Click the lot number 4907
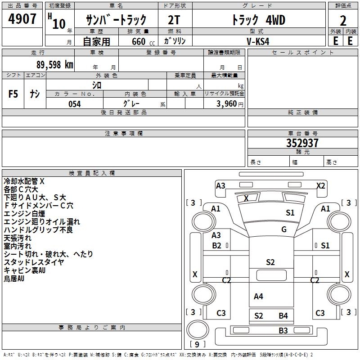pos(22,19)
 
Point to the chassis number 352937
pos(302,144)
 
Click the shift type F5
pos(13,94)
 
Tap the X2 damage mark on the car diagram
pos(321,185)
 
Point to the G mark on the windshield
pos(284,229)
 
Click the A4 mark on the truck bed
pos(258,296)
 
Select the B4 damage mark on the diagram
pos(283,316)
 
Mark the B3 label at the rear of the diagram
pos(283,331)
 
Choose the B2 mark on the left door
pos(216,245)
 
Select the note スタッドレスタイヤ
pos(34,262)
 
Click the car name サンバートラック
pos(116,20)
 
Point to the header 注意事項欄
pos(124,134)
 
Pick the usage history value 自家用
pos(97,41)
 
